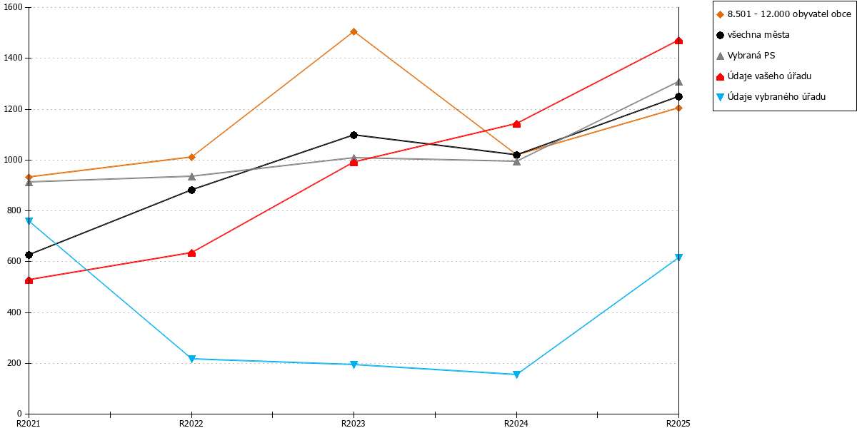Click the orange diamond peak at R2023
click(354, 31)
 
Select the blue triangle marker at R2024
click(516, 374)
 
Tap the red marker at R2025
click(678, 41)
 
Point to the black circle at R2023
click(354, 135)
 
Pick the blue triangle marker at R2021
click(29, 221)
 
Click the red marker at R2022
click(192, 253)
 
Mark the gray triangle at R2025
click(678, 82)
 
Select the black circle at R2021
click(29, 255)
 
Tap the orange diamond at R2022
click(192, 157)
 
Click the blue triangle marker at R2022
click(192, 358)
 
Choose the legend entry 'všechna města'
click(753, 35)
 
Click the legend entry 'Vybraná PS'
click(746, 56)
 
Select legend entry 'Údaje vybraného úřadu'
click(771, 97)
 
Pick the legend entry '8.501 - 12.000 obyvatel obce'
click(784, 14)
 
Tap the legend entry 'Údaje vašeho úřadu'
click(764, 76)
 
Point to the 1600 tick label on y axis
click(13, 7)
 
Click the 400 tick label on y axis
click(14, 312)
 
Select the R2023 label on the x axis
click(353, 424)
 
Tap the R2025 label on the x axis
click(678, 424)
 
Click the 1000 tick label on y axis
click(13, 160)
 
